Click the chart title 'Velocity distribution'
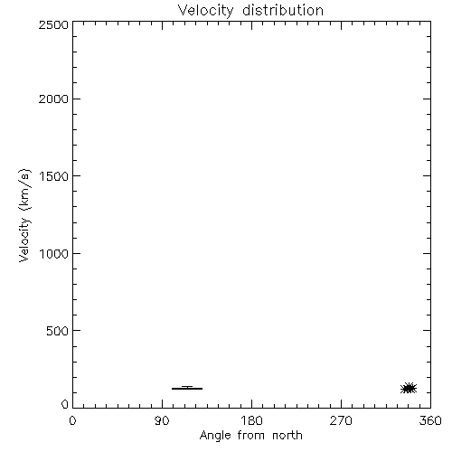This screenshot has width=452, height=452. click(250, 11)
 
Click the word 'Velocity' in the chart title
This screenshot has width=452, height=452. click(205, 11)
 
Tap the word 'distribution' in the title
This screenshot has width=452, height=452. click(283, 10)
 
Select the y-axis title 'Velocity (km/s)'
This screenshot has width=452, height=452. click(24, 215)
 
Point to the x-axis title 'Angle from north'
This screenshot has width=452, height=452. click(250, 436)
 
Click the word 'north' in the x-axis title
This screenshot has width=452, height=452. click(287, 436)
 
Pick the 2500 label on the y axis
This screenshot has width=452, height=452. click(53, 24)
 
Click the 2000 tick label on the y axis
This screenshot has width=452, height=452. click(53, 99)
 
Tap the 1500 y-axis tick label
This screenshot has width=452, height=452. click(54, 176)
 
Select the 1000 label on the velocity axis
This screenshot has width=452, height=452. click(54, 253)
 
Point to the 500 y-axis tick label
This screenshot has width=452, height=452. click(58, 331)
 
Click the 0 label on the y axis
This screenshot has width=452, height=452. click(65, 404)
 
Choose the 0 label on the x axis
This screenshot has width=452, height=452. click(72, 420)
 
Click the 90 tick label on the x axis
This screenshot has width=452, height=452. click(162, 420)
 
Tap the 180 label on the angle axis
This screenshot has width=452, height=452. click(251, 420)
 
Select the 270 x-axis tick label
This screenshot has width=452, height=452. click(341, 420)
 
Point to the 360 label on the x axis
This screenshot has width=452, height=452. click(430, 420)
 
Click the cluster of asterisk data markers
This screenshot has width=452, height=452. click(409, 389)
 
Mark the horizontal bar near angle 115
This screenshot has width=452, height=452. click(187, 389)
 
